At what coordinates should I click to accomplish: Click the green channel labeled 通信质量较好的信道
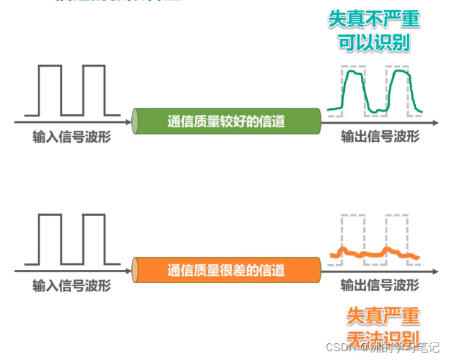(x=227, y=121)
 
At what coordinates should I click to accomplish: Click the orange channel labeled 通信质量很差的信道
(x=227, y=269)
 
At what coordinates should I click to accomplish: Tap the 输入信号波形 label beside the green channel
(x=72, y=137)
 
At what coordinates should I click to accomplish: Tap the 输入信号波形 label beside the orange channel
(x=72, y=285)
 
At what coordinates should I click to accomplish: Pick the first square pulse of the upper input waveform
(x=51, y=90)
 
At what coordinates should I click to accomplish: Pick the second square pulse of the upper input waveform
(x=94, y=90)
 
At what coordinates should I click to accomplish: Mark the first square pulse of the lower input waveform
(x=51, y=239)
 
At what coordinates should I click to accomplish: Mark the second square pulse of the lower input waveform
(x=94, y=239)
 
